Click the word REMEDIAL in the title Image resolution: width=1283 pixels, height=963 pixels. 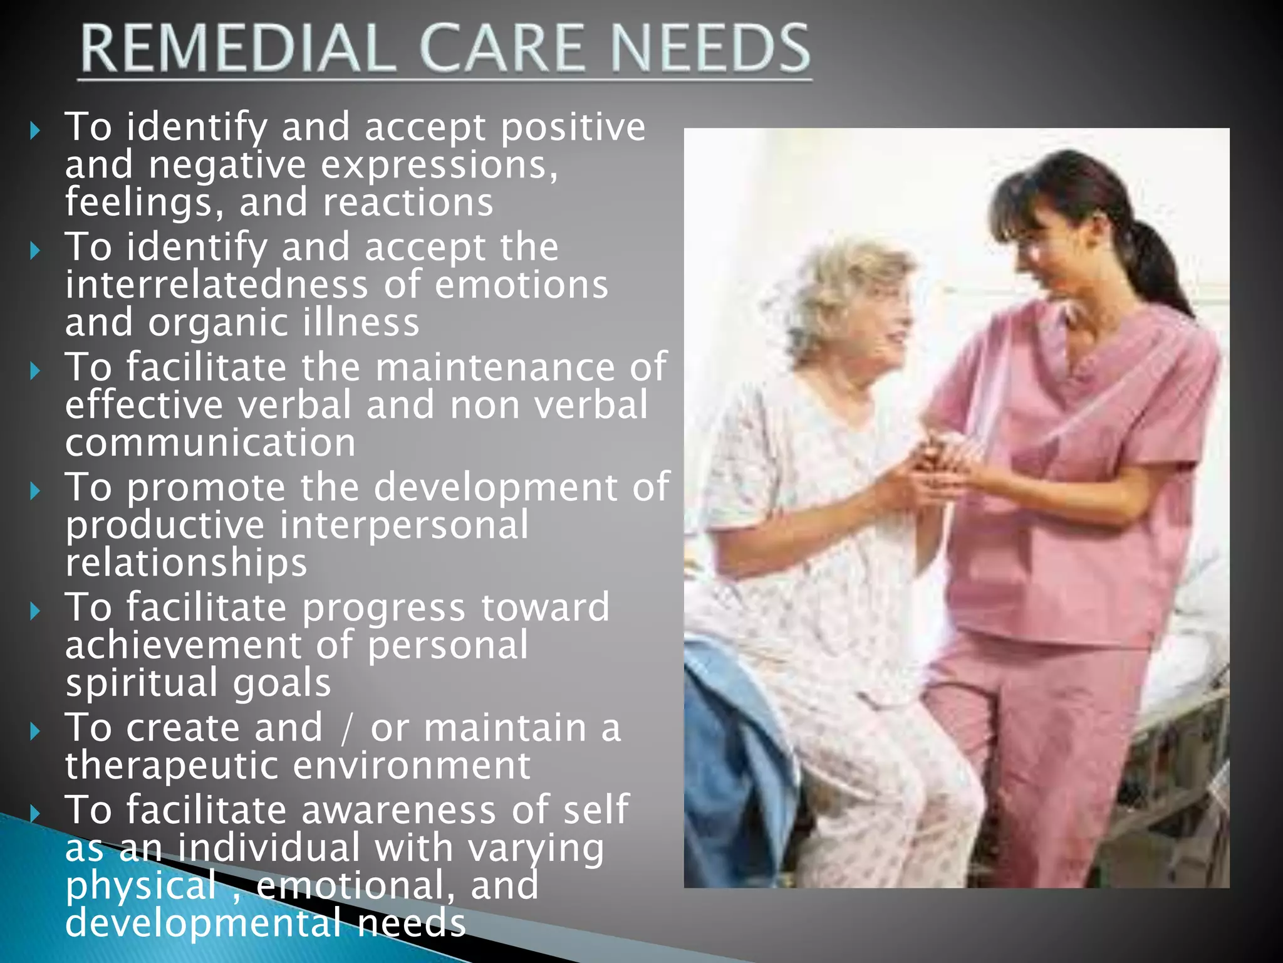[237, 48]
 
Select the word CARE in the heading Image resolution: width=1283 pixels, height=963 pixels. [502, 48]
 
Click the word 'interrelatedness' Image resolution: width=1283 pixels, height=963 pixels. [217, 285]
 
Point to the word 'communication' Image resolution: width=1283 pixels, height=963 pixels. [210, 443]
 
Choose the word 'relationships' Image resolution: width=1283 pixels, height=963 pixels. [186, 562]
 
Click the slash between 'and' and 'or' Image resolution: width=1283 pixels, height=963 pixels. [346, 729]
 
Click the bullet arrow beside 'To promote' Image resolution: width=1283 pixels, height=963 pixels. [35, 491]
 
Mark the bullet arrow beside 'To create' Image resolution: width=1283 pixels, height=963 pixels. [35, 731]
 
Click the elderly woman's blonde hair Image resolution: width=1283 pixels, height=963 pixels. [839, 288]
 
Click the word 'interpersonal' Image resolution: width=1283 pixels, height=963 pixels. [403, 525]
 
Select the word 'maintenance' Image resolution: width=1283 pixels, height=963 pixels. [495, 367]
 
